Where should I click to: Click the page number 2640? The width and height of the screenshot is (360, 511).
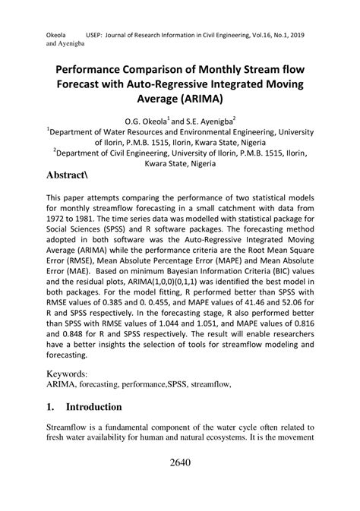(x=180, y=463)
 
